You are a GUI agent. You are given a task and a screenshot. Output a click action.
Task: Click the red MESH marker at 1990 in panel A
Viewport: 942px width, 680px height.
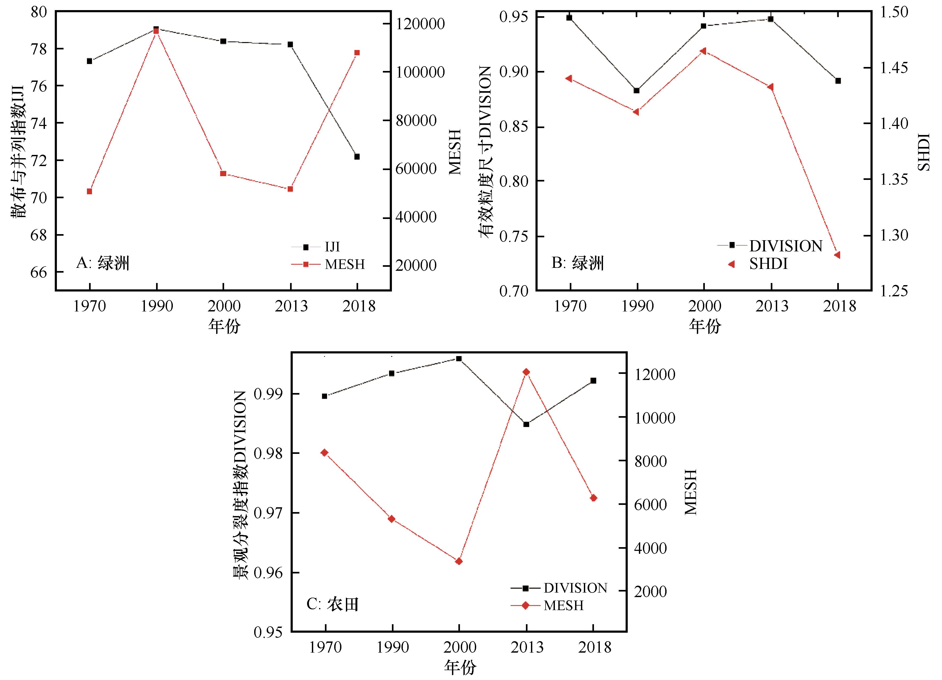point(156,31)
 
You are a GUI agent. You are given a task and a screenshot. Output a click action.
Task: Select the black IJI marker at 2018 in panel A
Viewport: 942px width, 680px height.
point(357,157)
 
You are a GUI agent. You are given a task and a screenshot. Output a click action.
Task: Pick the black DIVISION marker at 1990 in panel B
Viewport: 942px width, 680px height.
point(636,91)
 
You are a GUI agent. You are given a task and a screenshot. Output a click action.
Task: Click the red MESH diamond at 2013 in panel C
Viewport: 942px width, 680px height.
point(526,372)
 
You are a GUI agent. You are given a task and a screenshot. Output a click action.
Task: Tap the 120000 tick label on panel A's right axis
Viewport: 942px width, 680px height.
point(420,24)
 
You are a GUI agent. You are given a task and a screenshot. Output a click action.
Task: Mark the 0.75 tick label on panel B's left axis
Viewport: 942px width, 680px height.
point(514,236)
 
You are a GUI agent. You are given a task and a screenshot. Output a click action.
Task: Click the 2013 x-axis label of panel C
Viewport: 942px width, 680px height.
point(527,647)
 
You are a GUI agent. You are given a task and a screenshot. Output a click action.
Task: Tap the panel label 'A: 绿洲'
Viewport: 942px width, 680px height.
point(103,263)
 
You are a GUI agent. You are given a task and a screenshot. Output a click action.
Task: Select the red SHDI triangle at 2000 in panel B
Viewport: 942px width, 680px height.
point(703,51)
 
